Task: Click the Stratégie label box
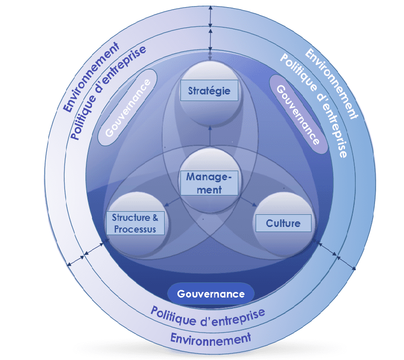(209, 91)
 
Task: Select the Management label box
(209, 183)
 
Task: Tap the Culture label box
(283, 223)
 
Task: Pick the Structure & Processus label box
(135, 223)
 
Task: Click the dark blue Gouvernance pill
(210, 294)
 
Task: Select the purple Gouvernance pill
(298, 114)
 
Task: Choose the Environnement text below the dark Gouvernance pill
(210, 338)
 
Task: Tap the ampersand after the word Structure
(155, 218)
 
